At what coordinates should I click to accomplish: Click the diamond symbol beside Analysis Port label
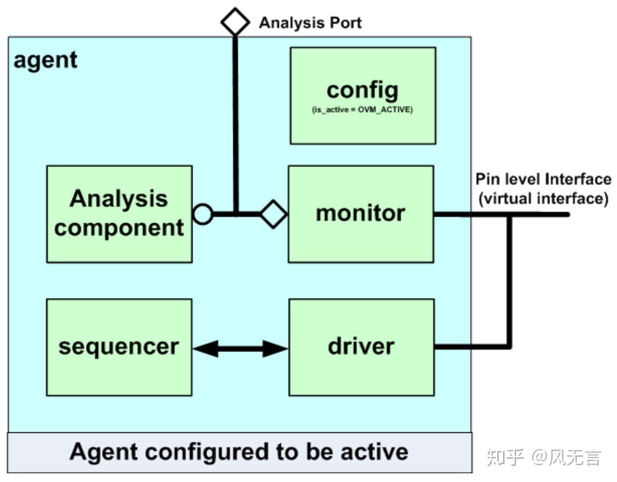235,22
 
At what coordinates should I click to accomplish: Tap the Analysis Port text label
310,23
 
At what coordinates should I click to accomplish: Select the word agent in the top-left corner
45,60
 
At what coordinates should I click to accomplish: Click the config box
363,95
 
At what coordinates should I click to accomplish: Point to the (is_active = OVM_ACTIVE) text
362,110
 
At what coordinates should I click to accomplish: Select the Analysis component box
119,214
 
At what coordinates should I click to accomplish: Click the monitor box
361,214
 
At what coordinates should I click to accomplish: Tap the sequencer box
119,347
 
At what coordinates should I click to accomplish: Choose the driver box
361,347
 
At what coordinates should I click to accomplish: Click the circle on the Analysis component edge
203,214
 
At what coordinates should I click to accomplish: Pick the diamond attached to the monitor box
274,214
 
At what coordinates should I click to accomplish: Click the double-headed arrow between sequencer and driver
240,348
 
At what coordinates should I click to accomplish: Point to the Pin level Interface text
543,179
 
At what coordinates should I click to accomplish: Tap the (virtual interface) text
543,198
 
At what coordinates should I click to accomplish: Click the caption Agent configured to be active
239,452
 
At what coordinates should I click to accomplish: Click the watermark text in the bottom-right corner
544,457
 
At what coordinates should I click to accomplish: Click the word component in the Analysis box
119,228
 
